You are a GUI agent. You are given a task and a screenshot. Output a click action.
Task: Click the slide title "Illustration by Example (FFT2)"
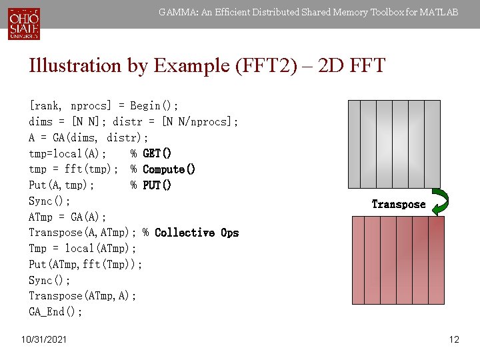click(x=207, y=65)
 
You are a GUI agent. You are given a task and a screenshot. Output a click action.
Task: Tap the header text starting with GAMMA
click(x=308, y=12)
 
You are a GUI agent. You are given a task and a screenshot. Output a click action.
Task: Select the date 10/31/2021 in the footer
click(x=44, y=340)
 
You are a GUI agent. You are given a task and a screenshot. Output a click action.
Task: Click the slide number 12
click(x=454, y=340)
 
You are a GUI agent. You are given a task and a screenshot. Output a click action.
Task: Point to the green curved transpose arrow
click(x=439, y=202)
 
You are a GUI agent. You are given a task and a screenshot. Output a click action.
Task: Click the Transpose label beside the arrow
click(x=398, y=205)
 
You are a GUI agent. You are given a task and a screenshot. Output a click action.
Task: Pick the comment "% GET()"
click(x=151, y=153)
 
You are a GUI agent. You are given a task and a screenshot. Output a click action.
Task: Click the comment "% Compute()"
click(x=163, y=169)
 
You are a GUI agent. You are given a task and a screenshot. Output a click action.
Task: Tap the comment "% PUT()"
click(x=151, y=185)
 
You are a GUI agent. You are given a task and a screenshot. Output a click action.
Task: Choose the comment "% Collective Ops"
click(x=191, y=233)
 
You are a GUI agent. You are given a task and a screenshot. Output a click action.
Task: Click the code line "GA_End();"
click(x=55, y=312)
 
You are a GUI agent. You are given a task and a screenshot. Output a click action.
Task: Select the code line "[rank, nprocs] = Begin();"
click(x=103, y=106)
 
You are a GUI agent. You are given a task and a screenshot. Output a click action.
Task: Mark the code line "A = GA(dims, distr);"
click(x=88, y=137)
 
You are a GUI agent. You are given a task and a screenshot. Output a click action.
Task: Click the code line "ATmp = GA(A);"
click(x=67, y=217)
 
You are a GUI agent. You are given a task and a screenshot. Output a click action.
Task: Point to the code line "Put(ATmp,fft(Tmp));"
click(x=85, y=265)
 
